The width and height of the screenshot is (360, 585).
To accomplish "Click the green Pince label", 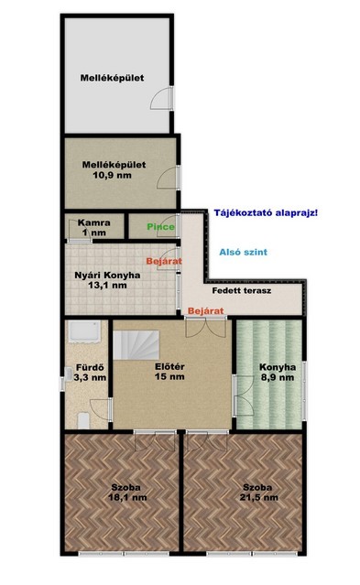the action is click(160, 226).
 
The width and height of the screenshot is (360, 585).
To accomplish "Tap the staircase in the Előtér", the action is click(136, 345).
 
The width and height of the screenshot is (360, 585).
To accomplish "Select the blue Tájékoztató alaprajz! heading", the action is click(266, 213).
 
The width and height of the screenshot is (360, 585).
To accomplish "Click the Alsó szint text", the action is click(243, 252).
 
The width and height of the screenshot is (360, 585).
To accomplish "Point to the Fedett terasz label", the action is click(242, 290).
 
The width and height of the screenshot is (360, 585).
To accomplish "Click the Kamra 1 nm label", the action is click(94, 228).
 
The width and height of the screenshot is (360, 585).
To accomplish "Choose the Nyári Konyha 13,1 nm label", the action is click(107, 280).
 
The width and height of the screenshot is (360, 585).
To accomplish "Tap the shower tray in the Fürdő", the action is click(84, 331).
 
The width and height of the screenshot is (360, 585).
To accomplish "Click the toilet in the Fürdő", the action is click(83, 420).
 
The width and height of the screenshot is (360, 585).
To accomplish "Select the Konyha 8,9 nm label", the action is click(278, 372).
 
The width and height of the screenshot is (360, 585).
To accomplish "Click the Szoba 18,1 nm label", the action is click(127, 493).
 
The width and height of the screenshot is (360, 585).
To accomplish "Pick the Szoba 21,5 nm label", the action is click(259, 493).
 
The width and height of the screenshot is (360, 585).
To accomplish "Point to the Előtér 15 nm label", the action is click(169, 372).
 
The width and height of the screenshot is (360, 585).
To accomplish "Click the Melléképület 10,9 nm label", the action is click(114, 169).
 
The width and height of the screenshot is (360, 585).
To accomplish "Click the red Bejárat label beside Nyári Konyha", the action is click(164, 261).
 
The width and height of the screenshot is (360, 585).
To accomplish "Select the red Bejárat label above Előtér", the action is click(206, 310).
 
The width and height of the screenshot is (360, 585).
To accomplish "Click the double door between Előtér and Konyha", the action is click(244, 395).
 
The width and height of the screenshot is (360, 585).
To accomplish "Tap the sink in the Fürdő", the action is click(68, 374).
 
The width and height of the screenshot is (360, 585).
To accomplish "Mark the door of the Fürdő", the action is click(102, 409).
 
